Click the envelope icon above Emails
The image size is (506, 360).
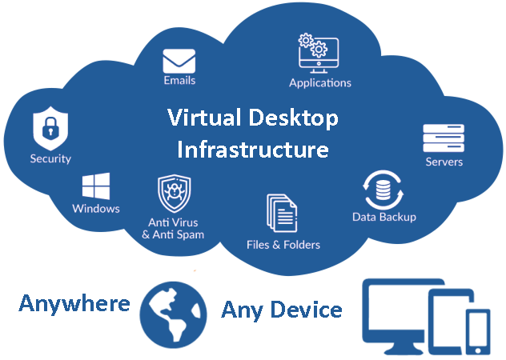coord(179,61)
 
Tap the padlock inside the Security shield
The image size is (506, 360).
coord(50,128)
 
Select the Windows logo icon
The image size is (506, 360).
coord(96,186)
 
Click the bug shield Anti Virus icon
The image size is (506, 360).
coord(175,194)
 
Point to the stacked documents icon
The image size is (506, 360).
coord(282,213)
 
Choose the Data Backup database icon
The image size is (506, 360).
coord(383,190)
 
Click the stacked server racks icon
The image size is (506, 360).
coord(444,138)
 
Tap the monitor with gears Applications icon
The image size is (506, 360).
coord(319,54)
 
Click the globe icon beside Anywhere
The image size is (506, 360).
coord(173,315)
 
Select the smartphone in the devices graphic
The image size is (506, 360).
coord(478,332)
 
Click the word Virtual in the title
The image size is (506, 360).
coord(204,117)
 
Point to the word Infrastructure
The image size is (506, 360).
coord(253,150)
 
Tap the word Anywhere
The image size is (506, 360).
coord(74,303)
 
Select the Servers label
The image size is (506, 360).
coord(444,162)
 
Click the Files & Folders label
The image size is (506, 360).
coord(283,245)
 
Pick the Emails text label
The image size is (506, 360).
coord(179,80)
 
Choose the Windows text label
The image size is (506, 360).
coord(96,208)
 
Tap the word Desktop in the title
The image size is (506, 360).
coord(294,118)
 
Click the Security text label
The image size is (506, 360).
coord(50,158)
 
